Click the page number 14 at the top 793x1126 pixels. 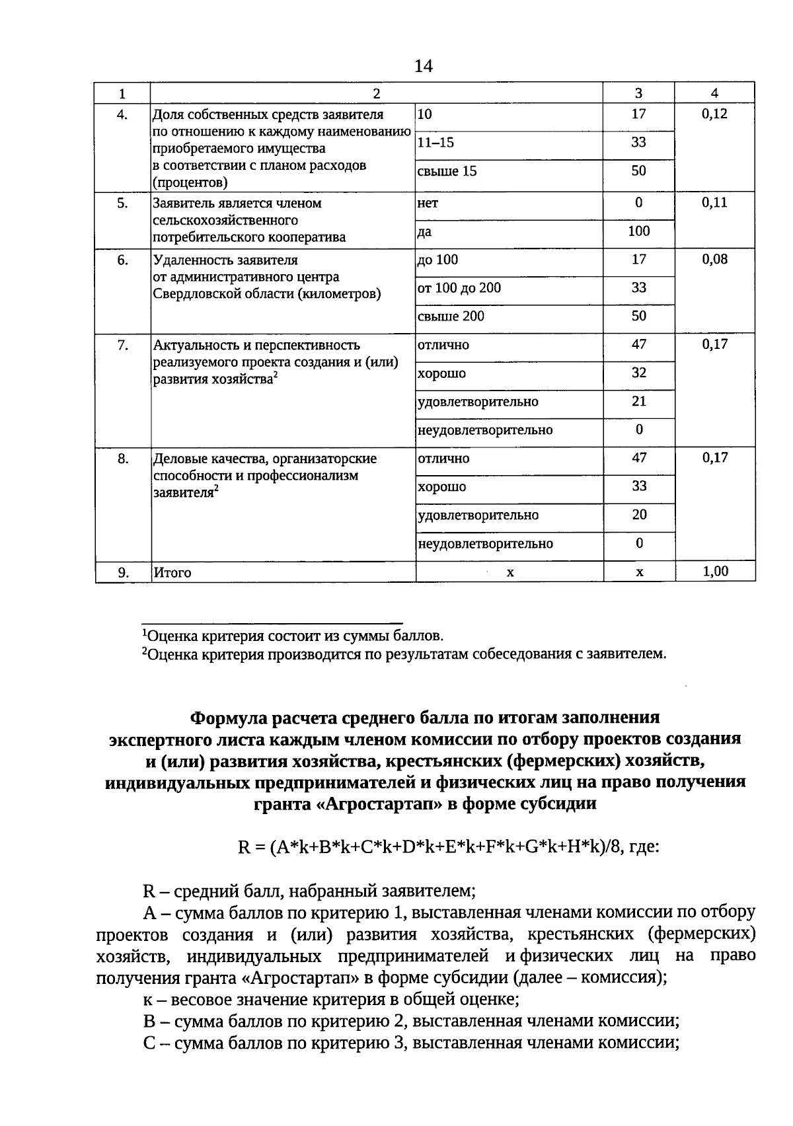tap(423, 66)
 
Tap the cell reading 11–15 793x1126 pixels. tap(435, 143)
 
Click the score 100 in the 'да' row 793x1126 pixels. tap(638, 231)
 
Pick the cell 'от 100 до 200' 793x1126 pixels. tap(459, 288)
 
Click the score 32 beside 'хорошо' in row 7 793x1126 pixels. tap(638, 373)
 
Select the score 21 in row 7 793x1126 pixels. tap(638, 402)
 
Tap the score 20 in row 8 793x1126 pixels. tap(638, 515)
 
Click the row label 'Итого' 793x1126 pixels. tap(172, 573)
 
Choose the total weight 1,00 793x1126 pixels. tap(715, 572)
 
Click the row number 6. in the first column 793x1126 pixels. tap(123, 260)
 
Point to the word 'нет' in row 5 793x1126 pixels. tap(428, 204)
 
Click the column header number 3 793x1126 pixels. tap(638, 94)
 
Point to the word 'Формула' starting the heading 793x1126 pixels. tap(226, 718)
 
